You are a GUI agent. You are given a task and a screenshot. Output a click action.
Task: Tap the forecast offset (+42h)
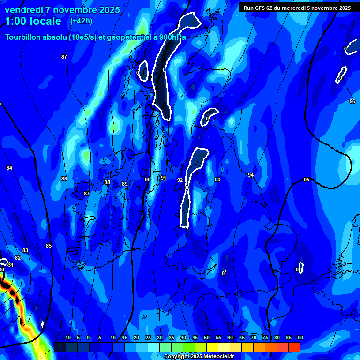coord(81,21)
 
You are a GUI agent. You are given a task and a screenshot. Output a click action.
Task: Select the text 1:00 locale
coord(33,21)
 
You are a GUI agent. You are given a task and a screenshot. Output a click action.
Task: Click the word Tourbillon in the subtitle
coord(23,37)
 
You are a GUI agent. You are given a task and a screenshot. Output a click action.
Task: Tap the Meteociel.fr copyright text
coord(199,356)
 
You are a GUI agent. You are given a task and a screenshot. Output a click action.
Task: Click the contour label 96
coord(352,101)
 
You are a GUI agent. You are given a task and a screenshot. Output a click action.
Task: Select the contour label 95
coord(307,180)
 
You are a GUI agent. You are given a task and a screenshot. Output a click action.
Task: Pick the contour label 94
coord(251,175)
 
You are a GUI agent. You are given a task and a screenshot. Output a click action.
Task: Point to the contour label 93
coord(217,180)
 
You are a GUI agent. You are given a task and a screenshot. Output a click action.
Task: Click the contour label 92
coord(180,180)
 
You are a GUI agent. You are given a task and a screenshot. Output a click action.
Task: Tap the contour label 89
coord(125,184)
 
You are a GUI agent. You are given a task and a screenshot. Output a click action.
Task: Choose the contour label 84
coord(9,168)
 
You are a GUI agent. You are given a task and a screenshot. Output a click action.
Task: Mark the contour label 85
coord(49,246)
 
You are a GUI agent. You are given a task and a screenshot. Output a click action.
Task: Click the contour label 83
coord(25,250)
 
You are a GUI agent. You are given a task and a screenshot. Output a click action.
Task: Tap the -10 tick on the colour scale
coord(67,337)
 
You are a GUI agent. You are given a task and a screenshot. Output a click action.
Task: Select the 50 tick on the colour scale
coord(207,337)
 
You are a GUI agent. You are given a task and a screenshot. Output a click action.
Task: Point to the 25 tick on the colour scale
coord(148,337)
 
